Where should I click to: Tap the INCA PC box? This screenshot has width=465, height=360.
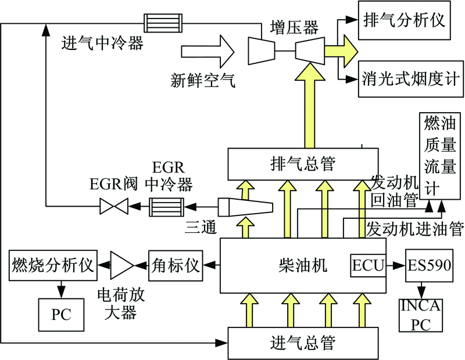point(420,315)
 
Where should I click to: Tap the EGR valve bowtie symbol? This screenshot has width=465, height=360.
point(114,206)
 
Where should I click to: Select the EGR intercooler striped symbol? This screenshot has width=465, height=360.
point(167,206)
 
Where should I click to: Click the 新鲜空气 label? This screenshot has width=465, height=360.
point(203,80)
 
